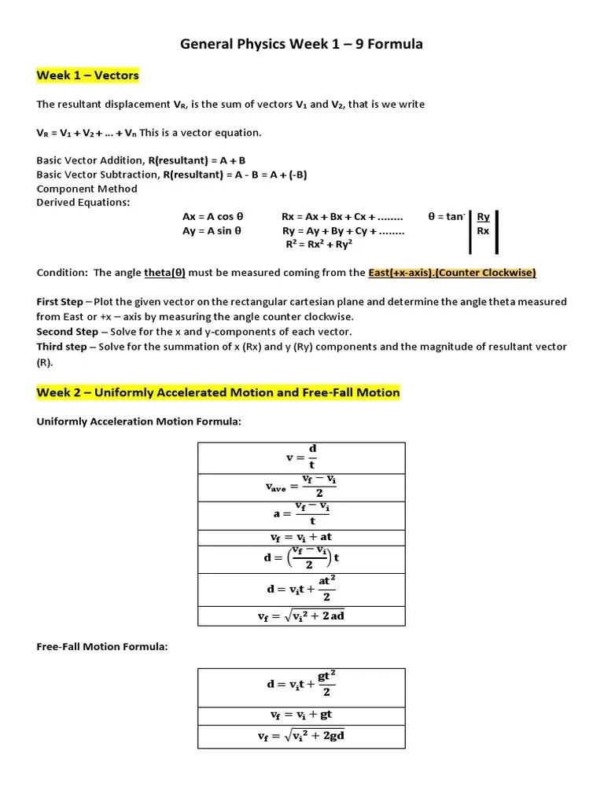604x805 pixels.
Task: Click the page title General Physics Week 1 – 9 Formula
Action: pyautogui.click(x=301, y=44)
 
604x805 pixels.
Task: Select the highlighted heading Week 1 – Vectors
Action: pyautogui.click(x=87, y=75)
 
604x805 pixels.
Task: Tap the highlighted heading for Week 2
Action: pyautogui.click(x=218, y=392)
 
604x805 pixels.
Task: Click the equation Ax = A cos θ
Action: pyautogui.click(x=212, y=216)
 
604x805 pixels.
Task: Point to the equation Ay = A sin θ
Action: pyautogui.click(x=212, y=231)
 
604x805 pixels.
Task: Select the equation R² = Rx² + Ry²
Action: pyautogui.click(x=319, y=244)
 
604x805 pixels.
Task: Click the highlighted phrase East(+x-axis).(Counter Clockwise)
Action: pyautogui.click(x=451, y=273)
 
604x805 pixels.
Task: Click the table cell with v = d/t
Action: pyautogui.click(x=301, y=458)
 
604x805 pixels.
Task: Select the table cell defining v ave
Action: pyautogui.click(x=301, y=487)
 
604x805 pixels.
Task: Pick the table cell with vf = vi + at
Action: pyautogui.click(x=301, y=538)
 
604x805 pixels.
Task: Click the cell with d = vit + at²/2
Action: pyautogui.click(x=301, y=589)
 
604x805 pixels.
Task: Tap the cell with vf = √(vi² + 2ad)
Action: pyautogui.click(x=301, y=616)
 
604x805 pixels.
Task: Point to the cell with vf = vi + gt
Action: pyautogui.click(x=301, y=715)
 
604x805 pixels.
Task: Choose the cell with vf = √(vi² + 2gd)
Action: pyautogui.click(x=301, y=736)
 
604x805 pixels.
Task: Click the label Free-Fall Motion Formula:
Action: pyautogui.click(x=102, y=647)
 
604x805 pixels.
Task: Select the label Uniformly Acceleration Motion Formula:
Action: pyautogui.click(x=138, y=422)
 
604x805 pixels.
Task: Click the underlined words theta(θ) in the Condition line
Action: pyautogui.click(x=164, y=273)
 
